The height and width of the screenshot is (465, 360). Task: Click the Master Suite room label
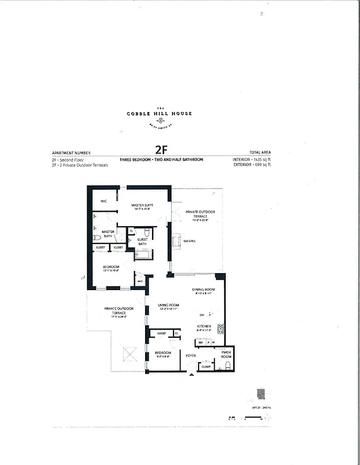(142, 205)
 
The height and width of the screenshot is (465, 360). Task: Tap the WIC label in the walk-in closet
(105, 201)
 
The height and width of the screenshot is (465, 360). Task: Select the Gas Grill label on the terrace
(189, 241)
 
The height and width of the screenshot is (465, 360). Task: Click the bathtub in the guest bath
(143, 255)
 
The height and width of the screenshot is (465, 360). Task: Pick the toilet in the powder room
(228, 366)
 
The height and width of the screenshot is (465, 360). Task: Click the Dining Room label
(203, 289)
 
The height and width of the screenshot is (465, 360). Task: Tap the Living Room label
(168, 305)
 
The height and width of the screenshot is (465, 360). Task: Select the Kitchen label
(203, 326)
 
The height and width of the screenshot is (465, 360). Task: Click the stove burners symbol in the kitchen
(220, 328)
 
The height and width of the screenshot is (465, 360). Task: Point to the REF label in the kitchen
(200, 343)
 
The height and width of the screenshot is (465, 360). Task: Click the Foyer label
(190, 355)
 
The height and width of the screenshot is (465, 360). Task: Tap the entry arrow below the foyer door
(191, 375)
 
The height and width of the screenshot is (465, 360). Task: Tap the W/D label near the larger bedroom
(139, 282)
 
